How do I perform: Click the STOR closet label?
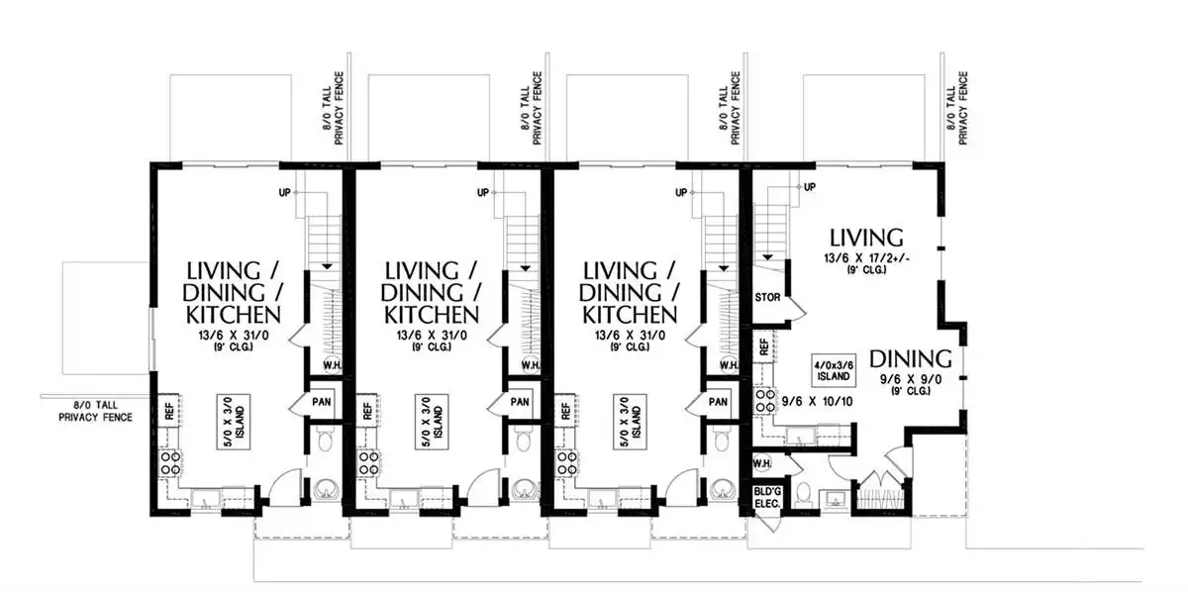(x=767, y=298)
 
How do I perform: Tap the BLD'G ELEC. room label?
(x=767, y=498)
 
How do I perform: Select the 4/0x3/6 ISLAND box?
(x=834, y=370)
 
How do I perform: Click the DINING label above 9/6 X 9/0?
(x=910, y=359)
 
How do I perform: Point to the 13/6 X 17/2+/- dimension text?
(x=866, y=258)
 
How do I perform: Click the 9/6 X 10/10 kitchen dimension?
(x=818, y=402)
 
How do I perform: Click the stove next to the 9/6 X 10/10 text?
(x=763, y=401)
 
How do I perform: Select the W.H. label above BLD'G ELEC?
(x=762, y=463)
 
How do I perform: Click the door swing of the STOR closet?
(x=797, y=309)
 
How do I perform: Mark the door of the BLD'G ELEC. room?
(x=768, y=523)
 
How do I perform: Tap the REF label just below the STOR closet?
(x=764, y=347)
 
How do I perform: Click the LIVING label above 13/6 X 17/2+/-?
(x=866, y=238)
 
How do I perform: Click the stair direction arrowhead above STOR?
(x=767, y=257)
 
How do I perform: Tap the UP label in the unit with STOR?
(x=810, y=187)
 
